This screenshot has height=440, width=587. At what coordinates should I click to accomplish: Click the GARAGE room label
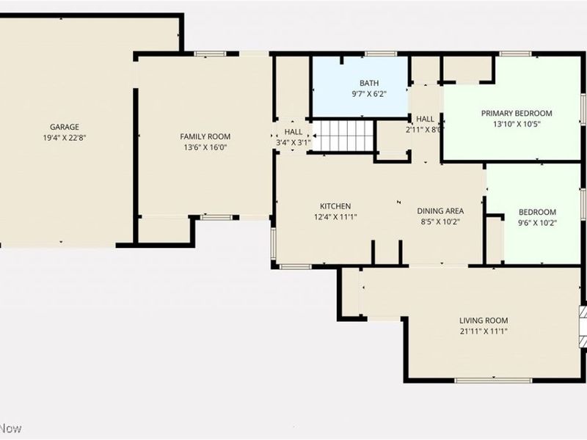click(65, 127)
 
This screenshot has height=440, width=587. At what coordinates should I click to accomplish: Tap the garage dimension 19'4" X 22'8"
click(65, 138)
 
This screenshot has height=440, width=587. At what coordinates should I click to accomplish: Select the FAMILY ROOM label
click(205, 136)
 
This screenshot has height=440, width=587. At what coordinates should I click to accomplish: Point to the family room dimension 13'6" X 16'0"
click(205, 147)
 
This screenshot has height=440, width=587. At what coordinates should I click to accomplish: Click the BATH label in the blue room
click(368, 83)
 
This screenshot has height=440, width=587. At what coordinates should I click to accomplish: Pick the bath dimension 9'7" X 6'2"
click(368, 94)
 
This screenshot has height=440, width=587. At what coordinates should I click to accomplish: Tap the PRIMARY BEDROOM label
click(517, 113)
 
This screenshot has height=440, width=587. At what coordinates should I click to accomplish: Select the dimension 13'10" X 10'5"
click(517, 124)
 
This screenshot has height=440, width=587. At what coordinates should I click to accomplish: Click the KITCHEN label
click(335, 206)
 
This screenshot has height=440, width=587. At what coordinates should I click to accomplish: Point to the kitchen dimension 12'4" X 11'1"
click(335, 217)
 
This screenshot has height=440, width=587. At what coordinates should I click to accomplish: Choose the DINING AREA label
click(440, 210)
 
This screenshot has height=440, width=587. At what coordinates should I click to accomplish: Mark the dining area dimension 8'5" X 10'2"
click(440, 221)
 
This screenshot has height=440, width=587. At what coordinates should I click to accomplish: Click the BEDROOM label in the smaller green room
click(538, 212)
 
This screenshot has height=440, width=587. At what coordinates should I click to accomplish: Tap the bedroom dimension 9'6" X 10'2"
click(538, 223)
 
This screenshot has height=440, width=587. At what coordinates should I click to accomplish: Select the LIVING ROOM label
click(484, 320)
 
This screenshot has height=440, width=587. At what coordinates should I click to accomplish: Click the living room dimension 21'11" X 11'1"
click(484, 331)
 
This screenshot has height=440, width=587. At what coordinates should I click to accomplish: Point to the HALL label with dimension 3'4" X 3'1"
click(293, 132)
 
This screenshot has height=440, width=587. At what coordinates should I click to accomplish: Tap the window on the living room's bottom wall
click(493, 380)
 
